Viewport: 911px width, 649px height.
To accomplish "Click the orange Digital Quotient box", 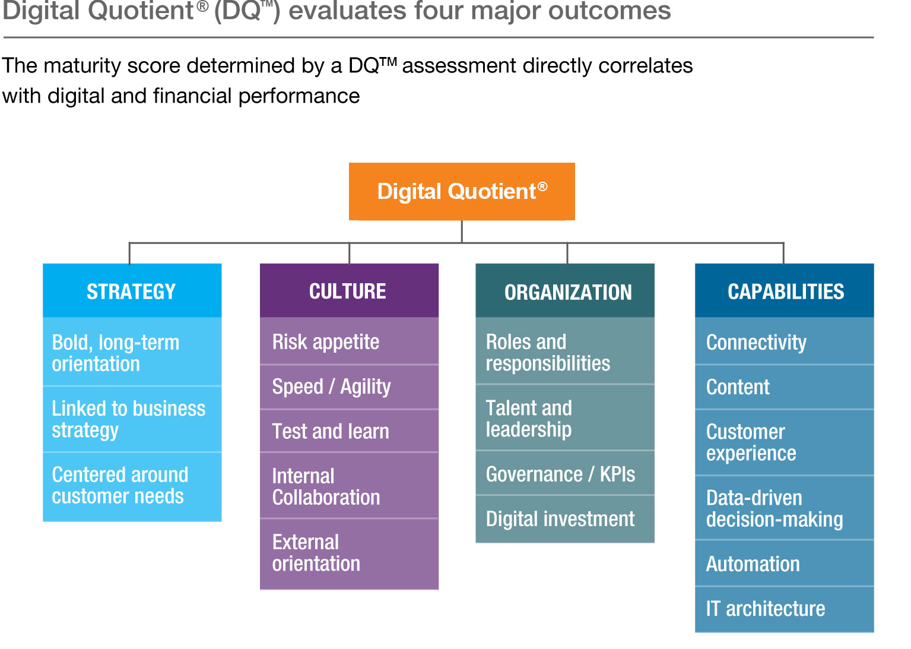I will [x=462, y=191].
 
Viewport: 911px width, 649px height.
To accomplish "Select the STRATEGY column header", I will [x=132, y=291].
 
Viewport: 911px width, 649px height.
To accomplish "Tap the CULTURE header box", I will [x=349, y=291].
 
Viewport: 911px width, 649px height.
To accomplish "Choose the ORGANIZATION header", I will [x=565, y=291].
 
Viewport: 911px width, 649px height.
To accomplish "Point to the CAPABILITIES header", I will [x=784, y=291].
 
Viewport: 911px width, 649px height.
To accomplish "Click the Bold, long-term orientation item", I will [x=132, y=353].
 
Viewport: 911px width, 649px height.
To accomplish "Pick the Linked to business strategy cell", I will [x=132, y=419].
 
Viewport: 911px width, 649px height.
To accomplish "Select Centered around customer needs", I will [x=132, y=486].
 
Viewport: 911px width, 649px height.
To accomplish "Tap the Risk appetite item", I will [x=349, y=341].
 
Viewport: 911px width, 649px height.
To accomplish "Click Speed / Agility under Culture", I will [x=349, y=387].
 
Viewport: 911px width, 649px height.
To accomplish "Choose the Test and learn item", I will [x=349, y=431].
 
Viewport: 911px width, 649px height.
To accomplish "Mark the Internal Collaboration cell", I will [x=349, y=486].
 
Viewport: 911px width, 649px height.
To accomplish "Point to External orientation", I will [x=349, y=553].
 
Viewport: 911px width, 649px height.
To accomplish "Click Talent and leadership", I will [x=565, y=418].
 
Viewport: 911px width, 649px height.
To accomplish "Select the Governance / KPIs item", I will [x=565, y=474].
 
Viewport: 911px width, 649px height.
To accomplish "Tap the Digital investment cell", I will [x=565, y=519].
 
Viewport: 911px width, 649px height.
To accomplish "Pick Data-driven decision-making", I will [x=784, y=508].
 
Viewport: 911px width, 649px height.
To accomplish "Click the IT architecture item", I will [x=784, y=609].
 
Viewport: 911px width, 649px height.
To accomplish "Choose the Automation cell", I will [x=784, y=563].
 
